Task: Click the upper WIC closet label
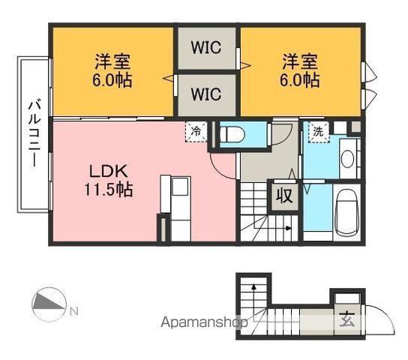click(x=206, y=47)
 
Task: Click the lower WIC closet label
click(x=206, y=94)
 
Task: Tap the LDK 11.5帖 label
click(x=109, y=180)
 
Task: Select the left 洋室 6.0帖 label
click(x=112, y=70)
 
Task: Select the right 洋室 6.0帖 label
click(x=300, y=70)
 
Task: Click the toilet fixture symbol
click(x=232, y=134)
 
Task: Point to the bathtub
click(x=347, y=211)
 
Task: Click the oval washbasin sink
click(x=347, y=159)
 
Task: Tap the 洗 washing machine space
click(x=319, y=133)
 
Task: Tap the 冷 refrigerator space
click(x=196, y=131)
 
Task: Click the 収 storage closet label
click(x=285, y=196)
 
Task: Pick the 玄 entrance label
click(x=347, y=319)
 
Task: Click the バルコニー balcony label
click(x=34, y=133)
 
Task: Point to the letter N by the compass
click(x=74, y=311)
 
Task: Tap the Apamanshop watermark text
click(x=204, y=322)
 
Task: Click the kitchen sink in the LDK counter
click(x=180, y=187)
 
